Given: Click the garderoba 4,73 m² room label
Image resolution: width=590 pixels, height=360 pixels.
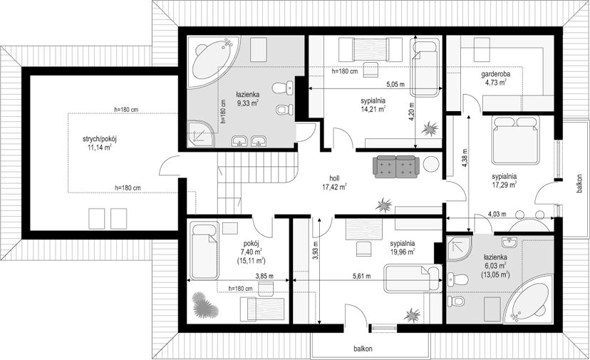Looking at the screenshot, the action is pos(495,78).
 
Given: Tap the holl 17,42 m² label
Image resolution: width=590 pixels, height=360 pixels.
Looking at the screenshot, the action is pos(334,182).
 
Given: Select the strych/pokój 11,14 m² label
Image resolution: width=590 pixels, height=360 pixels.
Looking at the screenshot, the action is pos(100,143).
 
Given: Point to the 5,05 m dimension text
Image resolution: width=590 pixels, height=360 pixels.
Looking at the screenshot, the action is pos(395,85).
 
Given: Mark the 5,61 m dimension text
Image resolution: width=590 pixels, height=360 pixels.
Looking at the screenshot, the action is pos(361,276).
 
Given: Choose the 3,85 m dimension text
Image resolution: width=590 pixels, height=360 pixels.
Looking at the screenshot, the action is pos(264,276).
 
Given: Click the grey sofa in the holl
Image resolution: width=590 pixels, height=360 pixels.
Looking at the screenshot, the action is pos(396,166).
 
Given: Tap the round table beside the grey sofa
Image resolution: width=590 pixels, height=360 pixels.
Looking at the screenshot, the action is pos(431,164).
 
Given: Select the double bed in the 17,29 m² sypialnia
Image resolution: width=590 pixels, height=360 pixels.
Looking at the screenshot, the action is pos(515,140).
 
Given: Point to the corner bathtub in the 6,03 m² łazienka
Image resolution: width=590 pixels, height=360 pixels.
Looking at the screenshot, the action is pos(528,299).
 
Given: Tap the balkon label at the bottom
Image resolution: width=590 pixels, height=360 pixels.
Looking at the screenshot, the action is pos(363,349).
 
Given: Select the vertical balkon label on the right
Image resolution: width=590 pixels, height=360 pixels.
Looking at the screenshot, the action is pos(579,183).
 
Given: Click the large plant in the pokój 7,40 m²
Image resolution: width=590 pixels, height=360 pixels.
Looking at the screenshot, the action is pos(205,305).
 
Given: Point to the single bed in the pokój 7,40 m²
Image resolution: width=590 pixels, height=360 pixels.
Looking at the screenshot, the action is pos(205,250).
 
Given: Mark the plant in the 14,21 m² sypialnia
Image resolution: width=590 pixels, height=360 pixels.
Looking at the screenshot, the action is pos(430,129).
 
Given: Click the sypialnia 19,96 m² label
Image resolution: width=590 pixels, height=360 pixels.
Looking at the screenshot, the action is pos(402,247).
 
